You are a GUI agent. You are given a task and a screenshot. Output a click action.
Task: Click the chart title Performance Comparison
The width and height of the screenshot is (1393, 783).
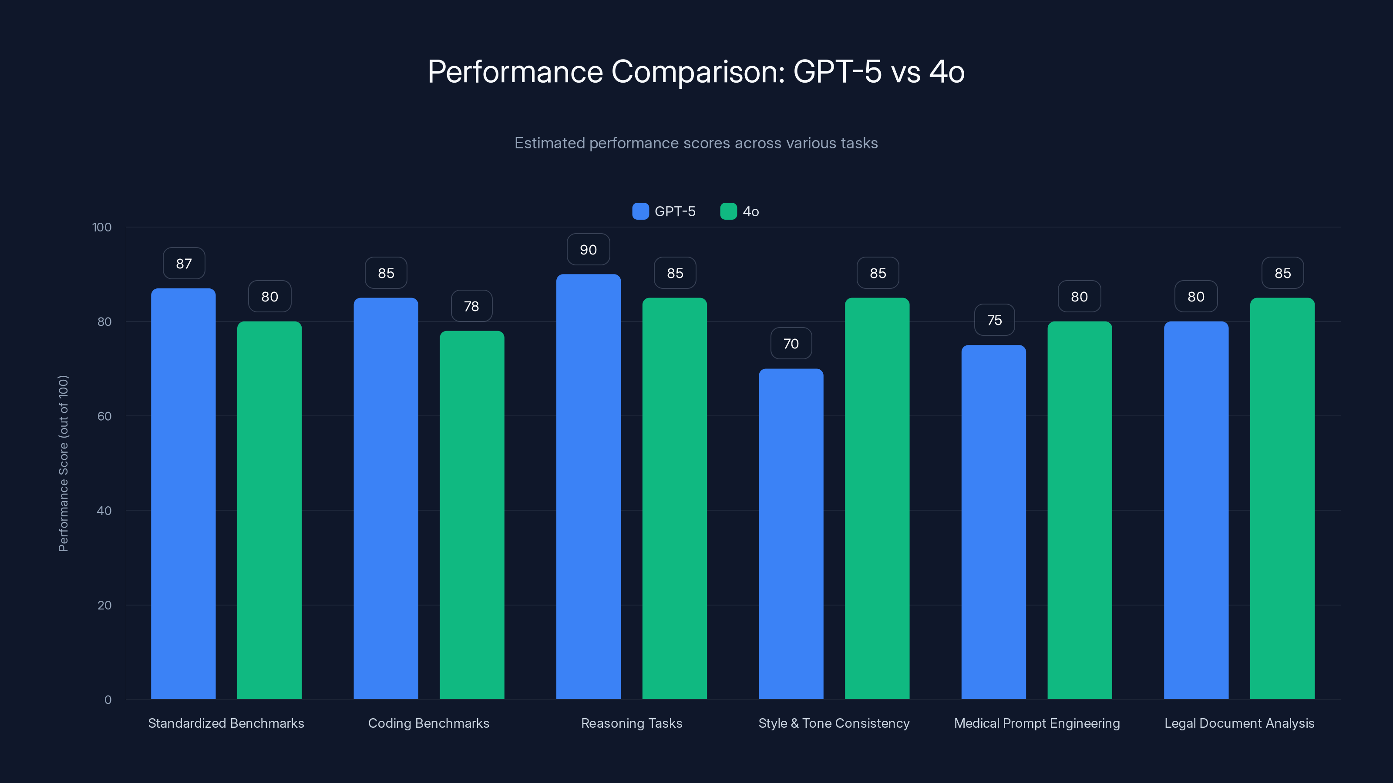click(696, 71)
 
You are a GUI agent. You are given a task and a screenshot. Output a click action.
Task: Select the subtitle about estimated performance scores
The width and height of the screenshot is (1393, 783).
click(696, 143)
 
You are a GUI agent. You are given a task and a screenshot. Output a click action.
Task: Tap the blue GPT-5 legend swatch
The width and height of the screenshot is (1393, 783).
click(640, 211)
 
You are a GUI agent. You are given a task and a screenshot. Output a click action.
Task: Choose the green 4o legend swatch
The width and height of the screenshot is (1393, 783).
click(728, 211)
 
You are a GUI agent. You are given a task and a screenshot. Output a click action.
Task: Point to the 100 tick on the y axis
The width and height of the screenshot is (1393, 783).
click(102, 228)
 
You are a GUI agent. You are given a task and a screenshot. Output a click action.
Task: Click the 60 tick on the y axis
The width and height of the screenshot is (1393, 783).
click(104, 416)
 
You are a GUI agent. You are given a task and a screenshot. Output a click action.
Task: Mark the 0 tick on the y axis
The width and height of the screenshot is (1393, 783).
click(108, 700)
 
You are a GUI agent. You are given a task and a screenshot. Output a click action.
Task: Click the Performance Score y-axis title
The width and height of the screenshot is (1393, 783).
click(63, 463)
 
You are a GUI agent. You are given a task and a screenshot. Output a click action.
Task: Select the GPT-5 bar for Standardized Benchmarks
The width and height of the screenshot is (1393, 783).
click(183, 494)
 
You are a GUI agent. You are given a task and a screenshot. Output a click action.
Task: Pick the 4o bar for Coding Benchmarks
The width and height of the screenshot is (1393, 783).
click(471, 515)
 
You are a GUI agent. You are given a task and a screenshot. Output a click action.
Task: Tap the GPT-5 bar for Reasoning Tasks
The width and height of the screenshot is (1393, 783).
click(589, 486)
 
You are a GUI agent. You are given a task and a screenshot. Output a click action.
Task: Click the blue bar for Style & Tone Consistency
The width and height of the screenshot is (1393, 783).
click(791, 534)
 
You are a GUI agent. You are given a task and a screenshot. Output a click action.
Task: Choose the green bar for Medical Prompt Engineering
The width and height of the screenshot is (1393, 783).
click(1080, 510)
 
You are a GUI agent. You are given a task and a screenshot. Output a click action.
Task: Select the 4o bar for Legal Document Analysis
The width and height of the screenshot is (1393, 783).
click(1282, 498)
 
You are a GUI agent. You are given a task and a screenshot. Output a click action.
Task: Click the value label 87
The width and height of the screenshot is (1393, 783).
click(184, 264)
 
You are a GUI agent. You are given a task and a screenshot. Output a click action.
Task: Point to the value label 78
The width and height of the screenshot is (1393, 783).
click(471, 306)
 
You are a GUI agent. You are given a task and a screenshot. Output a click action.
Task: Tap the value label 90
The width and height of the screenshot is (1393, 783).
click(589, 250)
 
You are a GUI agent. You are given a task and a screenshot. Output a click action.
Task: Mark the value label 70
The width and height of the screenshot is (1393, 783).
click(791, 344)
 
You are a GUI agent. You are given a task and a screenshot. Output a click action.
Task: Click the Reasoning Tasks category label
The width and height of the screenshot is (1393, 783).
click(632, 723)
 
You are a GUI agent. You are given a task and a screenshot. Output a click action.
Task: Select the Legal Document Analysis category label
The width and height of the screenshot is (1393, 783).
click(1239, 723)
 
